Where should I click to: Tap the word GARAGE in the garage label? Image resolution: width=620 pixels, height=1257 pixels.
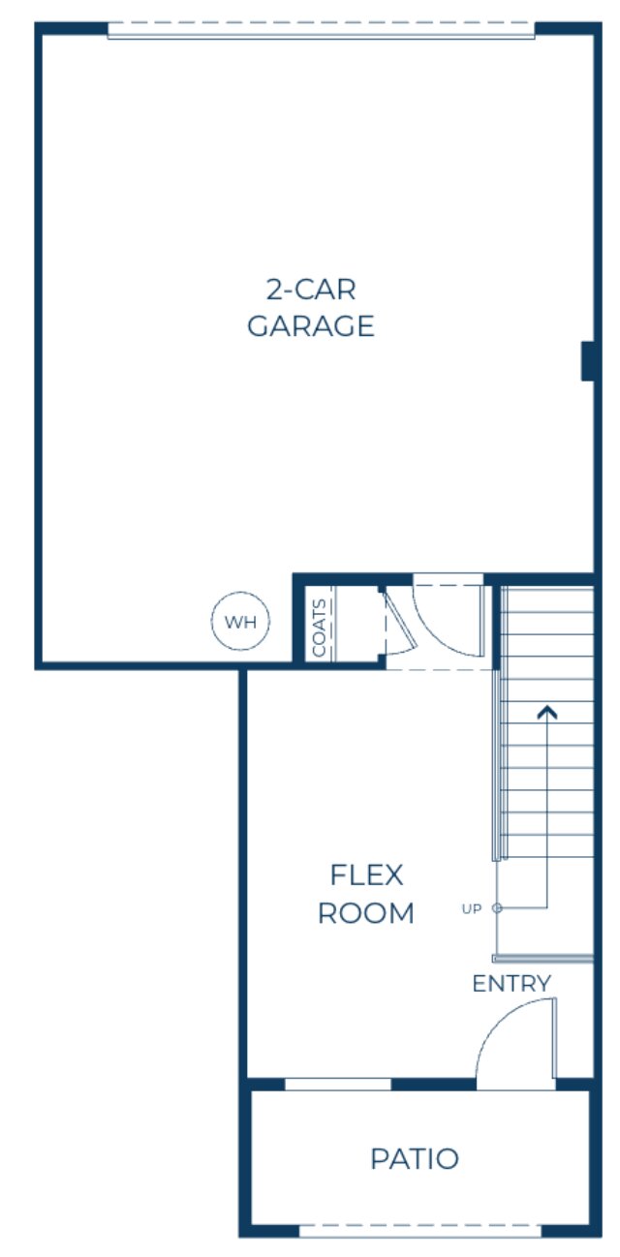click(310, 326)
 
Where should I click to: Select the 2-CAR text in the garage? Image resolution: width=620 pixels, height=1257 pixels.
click(310, 289)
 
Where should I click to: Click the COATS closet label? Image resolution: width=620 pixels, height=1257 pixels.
click(320, 628)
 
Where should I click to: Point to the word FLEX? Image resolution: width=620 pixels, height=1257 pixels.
click(366, 875)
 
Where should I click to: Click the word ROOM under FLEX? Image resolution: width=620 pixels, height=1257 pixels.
click(366, 913)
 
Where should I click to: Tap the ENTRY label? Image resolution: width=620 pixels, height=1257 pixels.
click(511, 984)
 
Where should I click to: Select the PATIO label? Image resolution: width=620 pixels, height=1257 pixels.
click(415, 1158)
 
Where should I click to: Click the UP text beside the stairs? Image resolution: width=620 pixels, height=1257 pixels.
click(472, 908)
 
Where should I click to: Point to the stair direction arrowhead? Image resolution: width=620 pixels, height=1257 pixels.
click(548, 713)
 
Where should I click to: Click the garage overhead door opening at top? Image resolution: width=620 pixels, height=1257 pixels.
click(321, 31)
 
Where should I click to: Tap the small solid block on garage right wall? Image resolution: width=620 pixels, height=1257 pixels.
click(586, 361)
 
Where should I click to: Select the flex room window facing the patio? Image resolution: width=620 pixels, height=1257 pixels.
click(337, 1084)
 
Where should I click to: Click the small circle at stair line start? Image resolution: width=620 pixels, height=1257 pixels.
click(497, 908)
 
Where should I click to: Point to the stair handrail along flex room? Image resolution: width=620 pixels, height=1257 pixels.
click(497, 765)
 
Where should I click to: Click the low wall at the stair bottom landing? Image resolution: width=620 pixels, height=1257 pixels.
click(542, 959)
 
